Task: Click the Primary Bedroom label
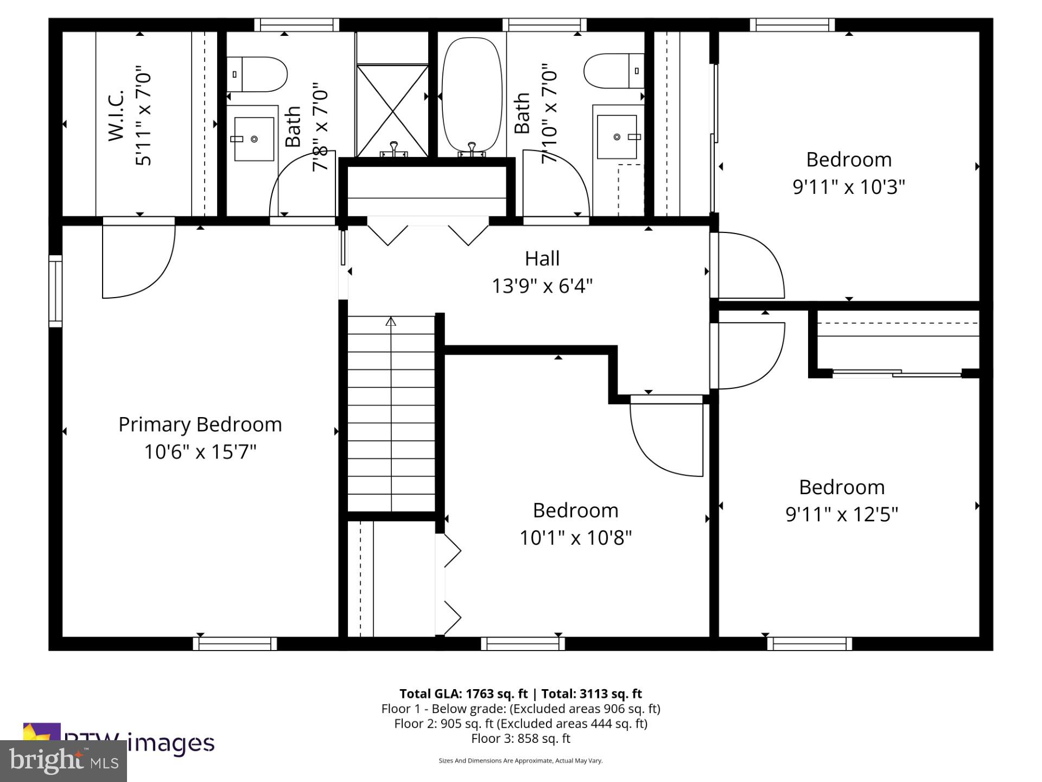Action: coord(200,425)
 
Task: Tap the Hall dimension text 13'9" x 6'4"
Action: coord(542,286)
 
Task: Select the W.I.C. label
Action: coord(117,116)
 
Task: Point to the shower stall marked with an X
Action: coord(392,111)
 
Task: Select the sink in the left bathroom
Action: coord(253,139)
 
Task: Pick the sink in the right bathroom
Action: coord(617,137)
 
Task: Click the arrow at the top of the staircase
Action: coord(391,321)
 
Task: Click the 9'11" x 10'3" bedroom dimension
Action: coord(849,187)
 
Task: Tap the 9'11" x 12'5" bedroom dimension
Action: coord(842,514)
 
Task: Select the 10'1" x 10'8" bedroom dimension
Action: coord(575,538)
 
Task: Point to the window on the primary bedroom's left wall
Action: coord(55,291)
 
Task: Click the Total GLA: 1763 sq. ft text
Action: coord(463,693)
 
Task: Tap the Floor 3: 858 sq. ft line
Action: coord(520,739)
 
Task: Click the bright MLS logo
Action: coord(63,761)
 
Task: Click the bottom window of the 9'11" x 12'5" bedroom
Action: coord(809,644)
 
